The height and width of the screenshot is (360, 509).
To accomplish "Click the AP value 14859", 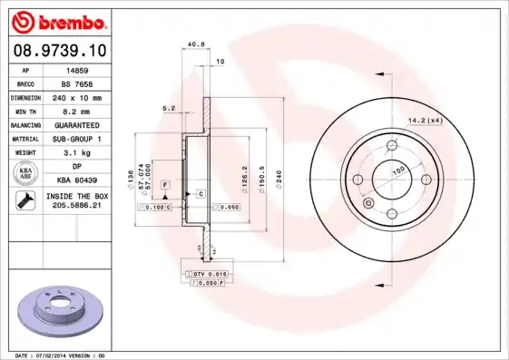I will point(77,69).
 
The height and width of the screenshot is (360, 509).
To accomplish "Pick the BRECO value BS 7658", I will point(77,83).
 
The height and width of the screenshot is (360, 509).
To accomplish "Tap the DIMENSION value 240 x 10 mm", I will point(77,96).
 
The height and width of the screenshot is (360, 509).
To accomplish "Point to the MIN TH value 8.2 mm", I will point(77,110).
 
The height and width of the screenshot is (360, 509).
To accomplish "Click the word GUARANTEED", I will point(77,124).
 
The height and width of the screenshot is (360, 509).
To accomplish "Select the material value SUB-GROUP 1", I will point(77,139).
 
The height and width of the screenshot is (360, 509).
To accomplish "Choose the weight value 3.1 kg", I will point(77,152).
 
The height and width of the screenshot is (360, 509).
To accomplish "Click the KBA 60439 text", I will point(77,180).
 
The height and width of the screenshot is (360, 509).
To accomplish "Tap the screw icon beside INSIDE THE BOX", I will point(24,200).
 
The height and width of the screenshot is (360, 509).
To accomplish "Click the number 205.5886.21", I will point(77,207).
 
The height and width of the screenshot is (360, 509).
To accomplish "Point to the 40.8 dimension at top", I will point(194,44).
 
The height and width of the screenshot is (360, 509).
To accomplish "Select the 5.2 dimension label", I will point(169,108).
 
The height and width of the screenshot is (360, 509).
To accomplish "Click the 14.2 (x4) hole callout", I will point(425,119).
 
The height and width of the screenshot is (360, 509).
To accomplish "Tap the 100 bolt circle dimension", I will point(397,170).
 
